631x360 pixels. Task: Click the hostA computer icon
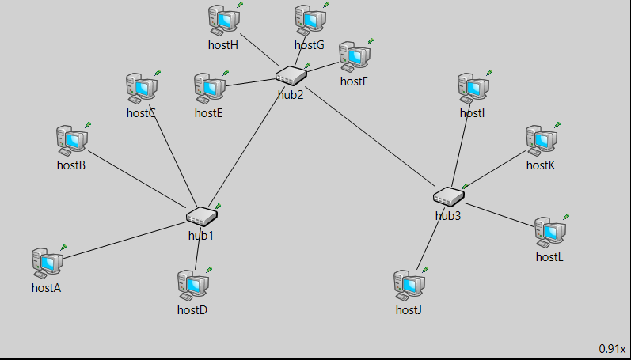45,261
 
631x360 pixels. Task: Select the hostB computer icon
70,139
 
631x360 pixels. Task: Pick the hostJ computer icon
408,284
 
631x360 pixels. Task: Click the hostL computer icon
549,231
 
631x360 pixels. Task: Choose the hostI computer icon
472,87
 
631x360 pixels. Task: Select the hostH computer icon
222,19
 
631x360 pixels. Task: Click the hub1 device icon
201,215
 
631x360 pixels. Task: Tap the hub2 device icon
291,76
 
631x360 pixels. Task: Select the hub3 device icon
448,195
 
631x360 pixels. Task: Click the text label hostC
141,113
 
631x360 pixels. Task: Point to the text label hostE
208,113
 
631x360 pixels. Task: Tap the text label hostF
354,81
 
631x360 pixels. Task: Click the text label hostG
310,45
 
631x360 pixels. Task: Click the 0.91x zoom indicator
612,348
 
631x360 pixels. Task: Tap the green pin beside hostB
88,125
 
